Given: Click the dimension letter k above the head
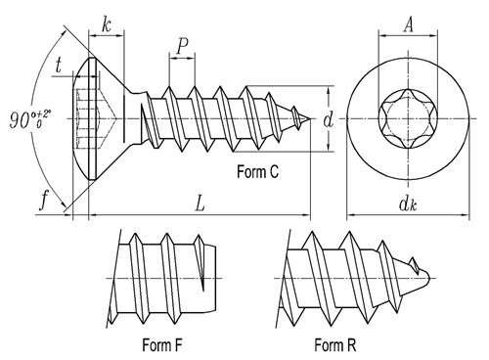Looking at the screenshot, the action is tap(106, 24).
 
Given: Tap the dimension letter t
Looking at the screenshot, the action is tap(59, 66).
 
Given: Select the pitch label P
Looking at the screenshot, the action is tap(183, 46).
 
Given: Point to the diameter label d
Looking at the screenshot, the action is tap(329, 119).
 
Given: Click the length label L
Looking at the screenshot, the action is tap(200, 203).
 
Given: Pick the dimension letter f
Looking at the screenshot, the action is tap(44, 200).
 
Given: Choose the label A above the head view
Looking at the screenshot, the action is tap(408, 24).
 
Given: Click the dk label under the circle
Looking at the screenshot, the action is tap(408, 203).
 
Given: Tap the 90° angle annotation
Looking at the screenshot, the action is tap(30, 119).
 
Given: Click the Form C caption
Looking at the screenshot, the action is tap(257, 171).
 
